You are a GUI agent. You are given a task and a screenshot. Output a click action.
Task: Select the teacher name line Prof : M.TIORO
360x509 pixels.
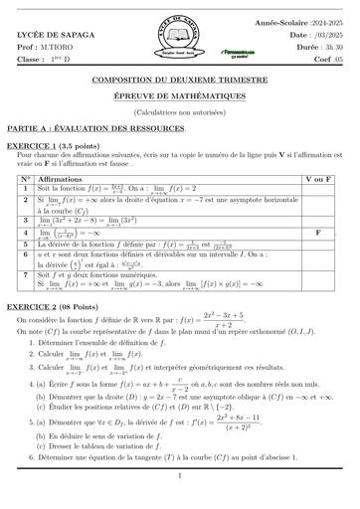coord(44,46)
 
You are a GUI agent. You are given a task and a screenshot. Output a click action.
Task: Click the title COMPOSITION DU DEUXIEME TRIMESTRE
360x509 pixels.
coord(180,76)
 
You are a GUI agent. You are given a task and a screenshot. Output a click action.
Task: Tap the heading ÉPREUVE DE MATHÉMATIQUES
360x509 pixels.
coord(180,88)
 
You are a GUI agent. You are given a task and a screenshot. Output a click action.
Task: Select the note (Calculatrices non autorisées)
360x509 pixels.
coord(180,99)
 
